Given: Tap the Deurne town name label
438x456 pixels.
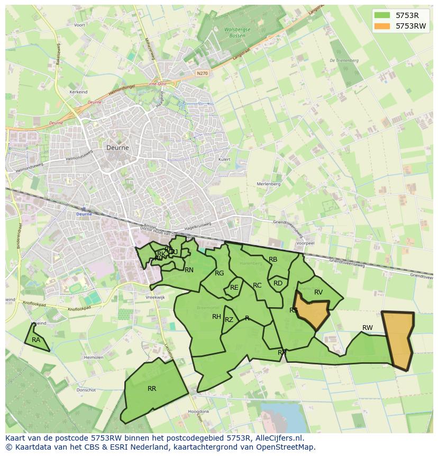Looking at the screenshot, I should (117, 148).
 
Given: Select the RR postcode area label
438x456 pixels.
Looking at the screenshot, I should (152, 388).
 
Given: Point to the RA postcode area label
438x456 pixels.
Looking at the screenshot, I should (36, 339).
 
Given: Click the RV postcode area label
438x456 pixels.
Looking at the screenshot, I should (318, 292).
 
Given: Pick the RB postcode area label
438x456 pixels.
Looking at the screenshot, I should (273, 259).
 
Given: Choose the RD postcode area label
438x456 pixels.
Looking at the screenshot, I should (278, 283).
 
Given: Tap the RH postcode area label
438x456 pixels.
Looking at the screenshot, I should (216, 317).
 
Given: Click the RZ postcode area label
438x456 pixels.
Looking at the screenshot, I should (229, 319).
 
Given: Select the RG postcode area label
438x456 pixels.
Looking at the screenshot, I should (220, 273).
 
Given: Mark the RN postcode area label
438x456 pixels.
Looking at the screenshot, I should (189, 270).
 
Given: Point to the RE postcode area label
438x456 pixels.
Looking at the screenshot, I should (234, 288).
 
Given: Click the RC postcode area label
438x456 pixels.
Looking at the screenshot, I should (257, 285).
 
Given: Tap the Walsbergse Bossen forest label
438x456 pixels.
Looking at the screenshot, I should (237, 33).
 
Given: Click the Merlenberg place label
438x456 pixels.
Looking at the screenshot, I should (268, 184).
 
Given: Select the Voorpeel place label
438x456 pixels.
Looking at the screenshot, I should (306, 243).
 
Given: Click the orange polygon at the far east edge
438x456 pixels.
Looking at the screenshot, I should (398, 339).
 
